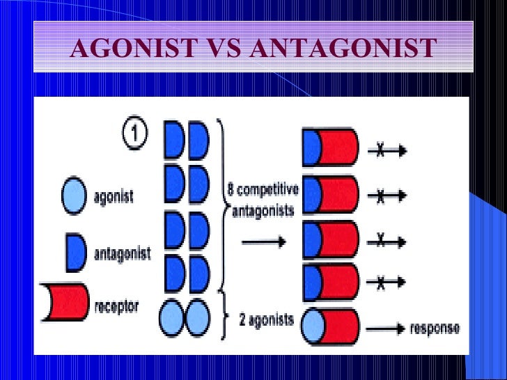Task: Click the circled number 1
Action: (x=134, y=134)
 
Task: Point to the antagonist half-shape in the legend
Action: (x=75, y=253)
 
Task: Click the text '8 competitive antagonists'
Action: (x=263, y=198)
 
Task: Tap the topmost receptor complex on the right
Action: (x=331, y=148)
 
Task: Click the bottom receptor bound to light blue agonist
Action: (x=331, y=327)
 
